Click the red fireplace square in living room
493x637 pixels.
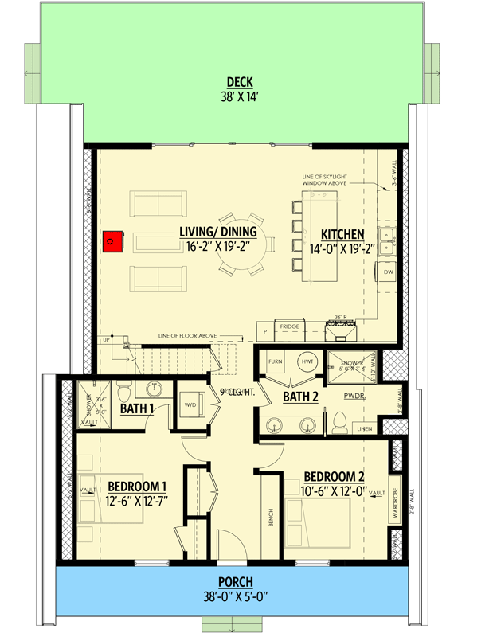click(x=112, y=240)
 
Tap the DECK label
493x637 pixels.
click(x=240, y=81)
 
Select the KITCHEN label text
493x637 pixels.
click(x=342, y=235)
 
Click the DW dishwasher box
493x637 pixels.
click(x=388, y=272)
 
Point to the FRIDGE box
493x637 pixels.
click(x=289, y=326)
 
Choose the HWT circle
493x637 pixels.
click(x=307, y=362)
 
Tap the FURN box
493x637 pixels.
click(x=276, y=362)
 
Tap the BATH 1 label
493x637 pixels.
click(x=137, y=409)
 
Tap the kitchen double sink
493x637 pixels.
click(x=388, y=235)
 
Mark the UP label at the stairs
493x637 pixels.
click(x=106, y=340)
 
